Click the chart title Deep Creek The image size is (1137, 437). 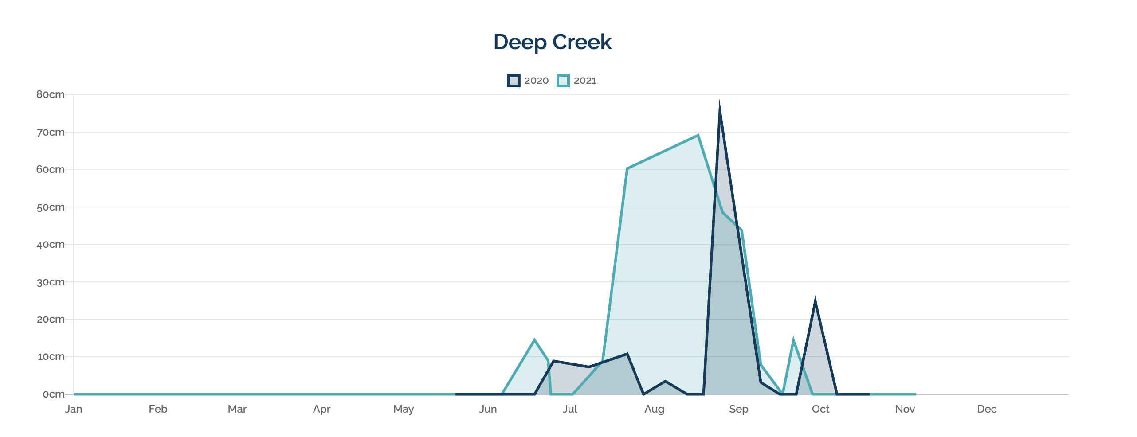pos(552,43)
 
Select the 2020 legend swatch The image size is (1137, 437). pos(514,81)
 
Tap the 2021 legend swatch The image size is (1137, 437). pos(563,81)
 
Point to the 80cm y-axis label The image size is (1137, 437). pos(51,94)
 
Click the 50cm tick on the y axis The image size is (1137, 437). pos(51,207)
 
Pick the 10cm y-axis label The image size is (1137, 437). pos(51,357)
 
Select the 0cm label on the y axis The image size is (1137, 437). pos(53,394)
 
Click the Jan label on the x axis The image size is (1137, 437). pos(74,409)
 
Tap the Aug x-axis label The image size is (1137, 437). pos(654,409)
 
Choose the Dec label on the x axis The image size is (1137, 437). pos(987,409)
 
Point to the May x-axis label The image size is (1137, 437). pos(404,409)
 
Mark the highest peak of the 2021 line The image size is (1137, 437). pos(698,136)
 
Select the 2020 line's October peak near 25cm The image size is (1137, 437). pos(815,301)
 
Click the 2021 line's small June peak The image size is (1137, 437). pos(534,340)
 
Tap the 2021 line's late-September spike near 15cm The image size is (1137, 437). pos(793,340)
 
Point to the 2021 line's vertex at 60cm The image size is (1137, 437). pos(627,169)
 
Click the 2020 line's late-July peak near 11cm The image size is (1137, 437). pos(627,354)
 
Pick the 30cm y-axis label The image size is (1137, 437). pos(51,282)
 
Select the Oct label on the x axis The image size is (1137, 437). pos(820,409)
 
